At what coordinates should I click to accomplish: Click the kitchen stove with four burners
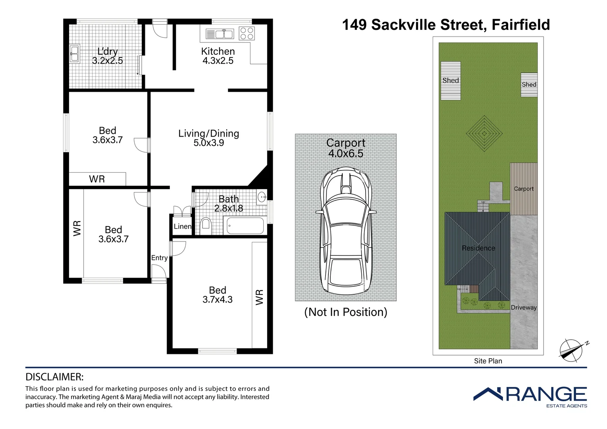247,34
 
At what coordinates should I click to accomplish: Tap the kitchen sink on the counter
220,34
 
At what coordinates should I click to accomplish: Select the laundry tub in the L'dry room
74,54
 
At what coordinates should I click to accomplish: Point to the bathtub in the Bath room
245,225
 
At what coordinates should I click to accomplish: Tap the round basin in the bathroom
262,197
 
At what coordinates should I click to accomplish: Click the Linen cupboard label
183,226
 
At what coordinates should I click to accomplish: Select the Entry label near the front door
159,258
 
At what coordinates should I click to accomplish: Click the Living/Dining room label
209,133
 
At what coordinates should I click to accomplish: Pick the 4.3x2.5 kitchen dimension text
218,60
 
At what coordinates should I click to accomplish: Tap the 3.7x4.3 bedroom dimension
218,300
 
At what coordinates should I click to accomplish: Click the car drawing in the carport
346,231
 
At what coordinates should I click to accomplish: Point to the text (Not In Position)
346,312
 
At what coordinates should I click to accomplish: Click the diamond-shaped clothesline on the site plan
484,133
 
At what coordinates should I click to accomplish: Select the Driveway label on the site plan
524,307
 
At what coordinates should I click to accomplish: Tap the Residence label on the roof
478,248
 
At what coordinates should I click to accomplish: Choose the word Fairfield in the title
521,25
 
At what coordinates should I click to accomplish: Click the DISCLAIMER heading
54,377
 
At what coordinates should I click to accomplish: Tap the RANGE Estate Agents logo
530,398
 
